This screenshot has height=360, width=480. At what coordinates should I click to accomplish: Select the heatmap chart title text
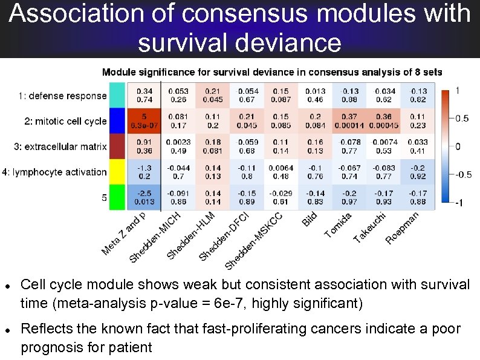[272, 72]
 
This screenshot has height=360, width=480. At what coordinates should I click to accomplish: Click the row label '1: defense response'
[62, 96]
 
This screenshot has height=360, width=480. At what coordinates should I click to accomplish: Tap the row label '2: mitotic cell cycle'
[65, 121]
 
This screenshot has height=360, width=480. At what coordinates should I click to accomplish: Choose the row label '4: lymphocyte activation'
[54, 172]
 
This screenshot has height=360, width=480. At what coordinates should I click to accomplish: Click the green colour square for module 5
[117, 197]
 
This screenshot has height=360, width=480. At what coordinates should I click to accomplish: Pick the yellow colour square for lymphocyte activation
[117, 172]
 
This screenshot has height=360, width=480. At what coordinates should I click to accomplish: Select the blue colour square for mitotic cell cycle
[117, 121]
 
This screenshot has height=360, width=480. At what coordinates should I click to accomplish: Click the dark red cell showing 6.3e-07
[144, 121]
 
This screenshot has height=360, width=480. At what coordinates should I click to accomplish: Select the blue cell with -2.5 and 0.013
[144, 197]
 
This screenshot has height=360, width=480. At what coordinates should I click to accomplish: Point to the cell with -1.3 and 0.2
[144, 172]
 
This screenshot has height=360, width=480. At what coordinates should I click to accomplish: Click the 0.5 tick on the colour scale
[461, 119]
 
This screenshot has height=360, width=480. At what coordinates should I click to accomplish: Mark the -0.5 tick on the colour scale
[462, 175]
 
